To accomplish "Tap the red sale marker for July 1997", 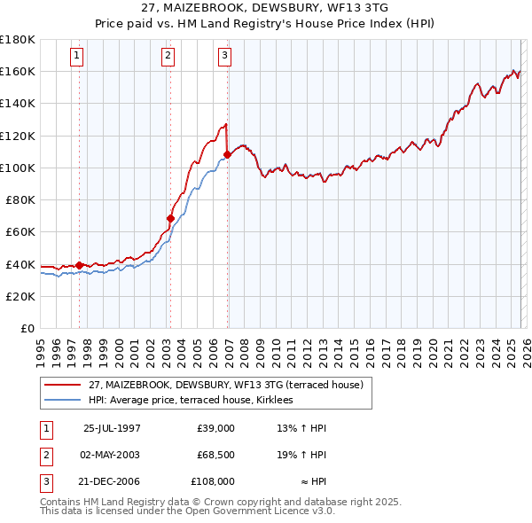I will pyautogui.click(x=80, y=265).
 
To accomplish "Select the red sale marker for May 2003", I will pyautogui.click(x=170, y=217).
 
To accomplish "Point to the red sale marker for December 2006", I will pyautogui.click(x=228, y=154).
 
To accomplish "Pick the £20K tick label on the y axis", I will pyautogui.click(x=20, y=296).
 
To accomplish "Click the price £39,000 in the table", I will pyautogui.click(x=215, y=428).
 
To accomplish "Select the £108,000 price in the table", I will pyautogui.click(x=213, y=481).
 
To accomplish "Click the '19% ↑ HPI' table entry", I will pyautogui.click(x=301, y=455).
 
